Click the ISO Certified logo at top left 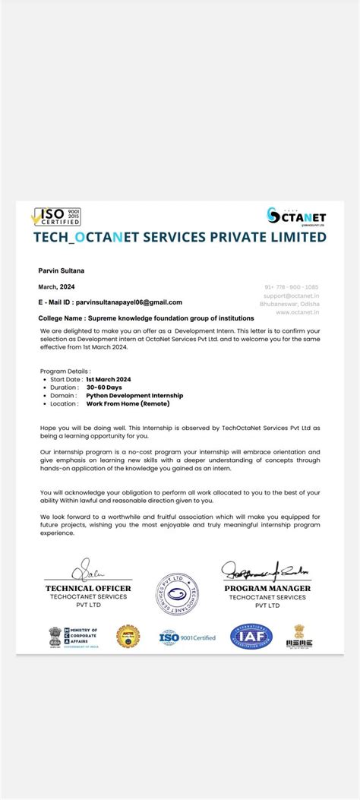coord(55,216)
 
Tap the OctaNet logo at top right coord(296,216)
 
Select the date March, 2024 coord(56,286)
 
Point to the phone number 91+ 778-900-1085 coord(292,286)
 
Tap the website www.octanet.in coord(298,311)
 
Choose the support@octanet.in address coord(292,295)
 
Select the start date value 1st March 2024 coord(109,378)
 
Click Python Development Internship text coord(134,395)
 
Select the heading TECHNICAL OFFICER coord(88,588)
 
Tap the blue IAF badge coord(251,635)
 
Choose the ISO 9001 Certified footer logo coord(187,637)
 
